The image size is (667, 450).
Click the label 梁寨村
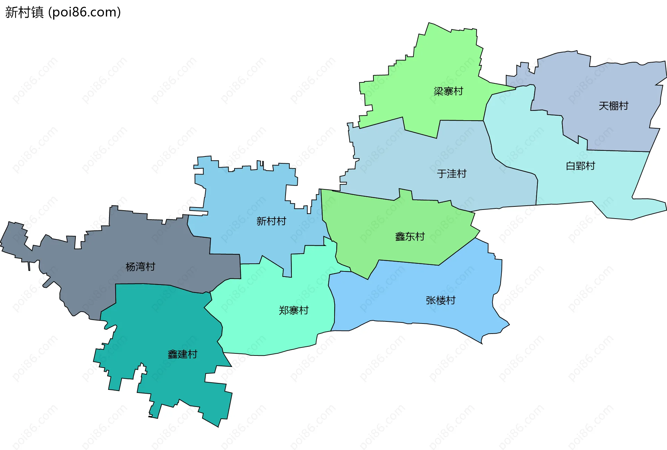(448, 91)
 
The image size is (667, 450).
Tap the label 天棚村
(614, 106)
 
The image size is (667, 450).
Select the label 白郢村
(580, 166)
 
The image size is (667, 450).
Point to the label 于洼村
(451, 174)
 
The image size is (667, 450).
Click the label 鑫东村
(410, 237)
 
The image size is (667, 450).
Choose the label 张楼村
(440, 301)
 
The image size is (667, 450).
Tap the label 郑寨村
(294, 311)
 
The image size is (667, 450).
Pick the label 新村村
(271, 221)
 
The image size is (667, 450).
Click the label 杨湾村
(140, 267)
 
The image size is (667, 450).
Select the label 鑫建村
(182, 354)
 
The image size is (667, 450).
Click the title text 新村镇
(24, 12)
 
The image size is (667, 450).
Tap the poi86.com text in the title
(84, 12)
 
